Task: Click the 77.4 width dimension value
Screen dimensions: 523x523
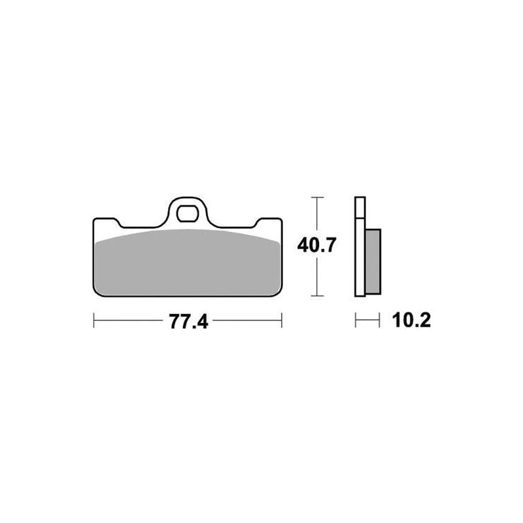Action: (188, 321)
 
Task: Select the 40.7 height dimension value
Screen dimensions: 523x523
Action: (316, 246)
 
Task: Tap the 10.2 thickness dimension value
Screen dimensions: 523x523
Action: (411, 320)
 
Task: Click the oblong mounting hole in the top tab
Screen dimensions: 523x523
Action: (187, 214)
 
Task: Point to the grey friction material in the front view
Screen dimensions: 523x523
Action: (187, 263)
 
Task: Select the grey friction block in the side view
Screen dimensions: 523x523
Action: (373, 261)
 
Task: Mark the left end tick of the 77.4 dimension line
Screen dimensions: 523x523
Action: (93, 320)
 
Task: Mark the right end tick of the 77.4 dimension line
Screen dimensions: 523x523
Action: (282, 320)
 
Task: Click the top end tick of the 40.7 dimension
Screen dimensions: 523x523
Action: (317, 197)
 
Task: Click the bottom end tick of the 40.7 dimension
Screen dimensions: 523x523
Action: (317, 295)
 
